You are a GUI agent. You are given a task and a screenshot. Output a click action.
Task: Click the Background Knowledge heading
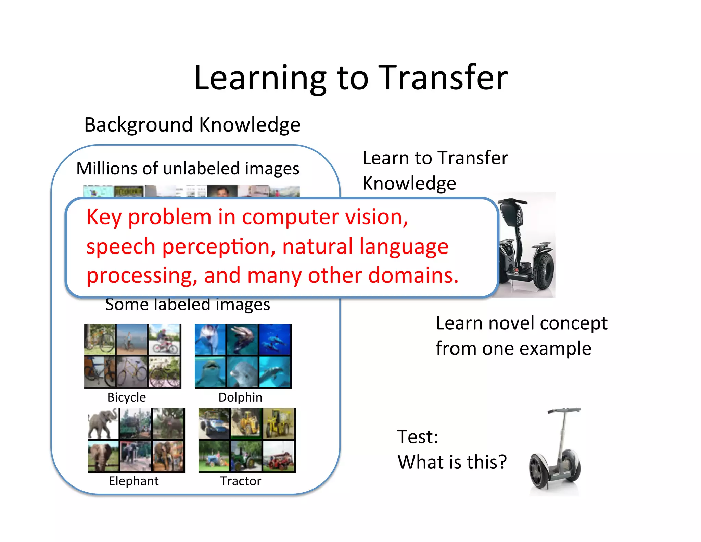[x=192, y=125]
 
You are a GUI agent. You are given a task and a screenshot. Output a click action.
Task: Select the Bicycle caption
[x=126, y=397]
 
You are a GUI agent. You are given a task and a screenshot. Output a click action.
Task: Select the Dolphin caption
[x=240, y=397]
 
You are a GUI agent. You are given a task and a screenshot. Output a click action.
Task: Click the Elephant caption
[x=133, y=481]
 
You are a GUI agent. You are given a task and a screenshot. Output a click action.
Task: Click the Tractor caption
[x=241, y=481]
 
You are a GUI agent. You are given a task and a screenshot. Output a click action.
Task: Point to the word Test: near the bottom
[x=418, y=437]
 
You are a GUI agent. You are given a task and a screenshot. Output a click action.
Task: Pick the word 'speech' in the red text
[x=120, y=247]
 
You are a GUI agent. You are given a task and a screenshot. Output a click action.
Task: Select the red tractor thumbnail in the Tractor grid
[x=278, y=456]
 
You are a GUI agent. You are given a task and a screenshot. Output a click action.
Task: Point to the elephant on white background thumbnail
[x=103, y=424]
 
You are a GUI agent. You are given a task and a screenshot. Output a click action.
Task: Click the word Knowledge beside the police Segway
[x=409, y=183]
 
